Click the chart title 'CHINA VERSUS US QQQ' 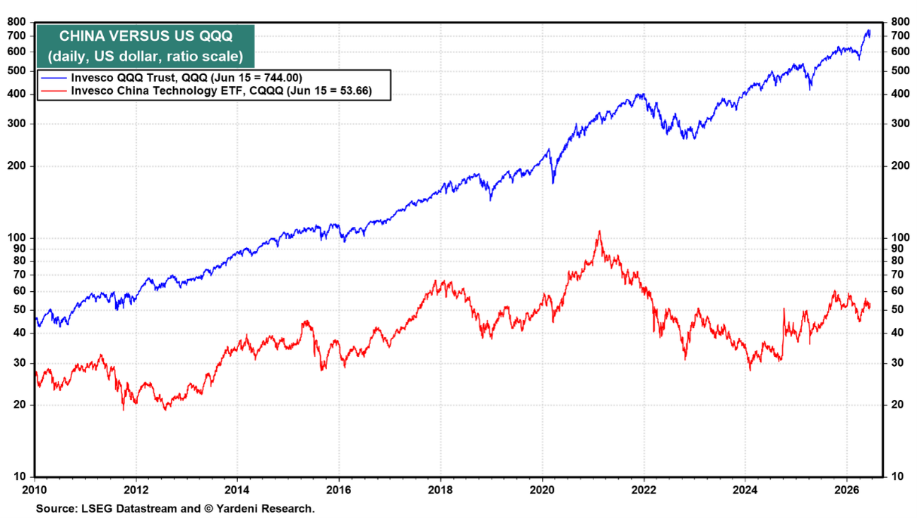[x=146, y=36]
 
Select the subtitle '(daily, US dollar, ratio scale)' [x=146, y=56]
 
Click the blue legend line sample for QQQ [x=54, y=78]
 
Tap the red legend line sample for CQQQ [x=54, y=90]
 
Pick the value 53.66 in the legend [x=352, y=90]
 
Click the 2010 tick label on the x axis [x=35, y=490]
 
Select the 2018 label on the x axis [x=441, y=490]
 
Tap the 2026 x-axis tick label [x=846, y=490]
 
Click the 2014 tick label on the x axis [x=237, y=490]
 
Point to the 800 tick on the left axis [x=17, y=22]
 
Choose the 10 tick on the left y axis [x=20, y=476]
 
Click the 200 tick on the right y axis [x=900, y=166]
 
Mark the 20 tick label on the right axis [x=897, y=404]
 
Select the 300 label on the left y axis [x=17, y=123]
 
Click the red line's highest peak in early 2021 [x=600, y=231]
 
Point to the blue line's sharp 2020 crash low [x=553, y=182]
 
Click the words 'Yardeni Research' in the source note [x=264, y=509]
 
